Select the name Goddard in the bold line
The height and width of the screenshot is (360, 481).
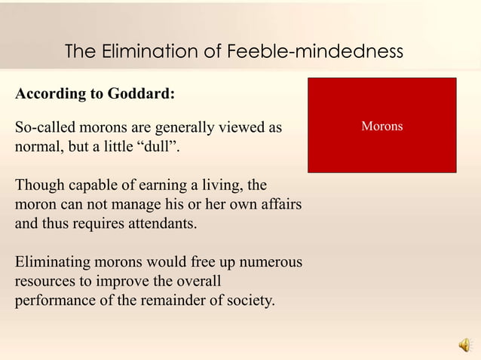140,94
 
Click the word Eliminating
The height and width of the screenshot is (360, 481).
52,263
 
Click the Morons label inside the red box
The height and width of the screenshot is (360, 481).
381,126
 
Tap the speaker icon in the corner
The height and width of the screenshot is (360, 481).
464,345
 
